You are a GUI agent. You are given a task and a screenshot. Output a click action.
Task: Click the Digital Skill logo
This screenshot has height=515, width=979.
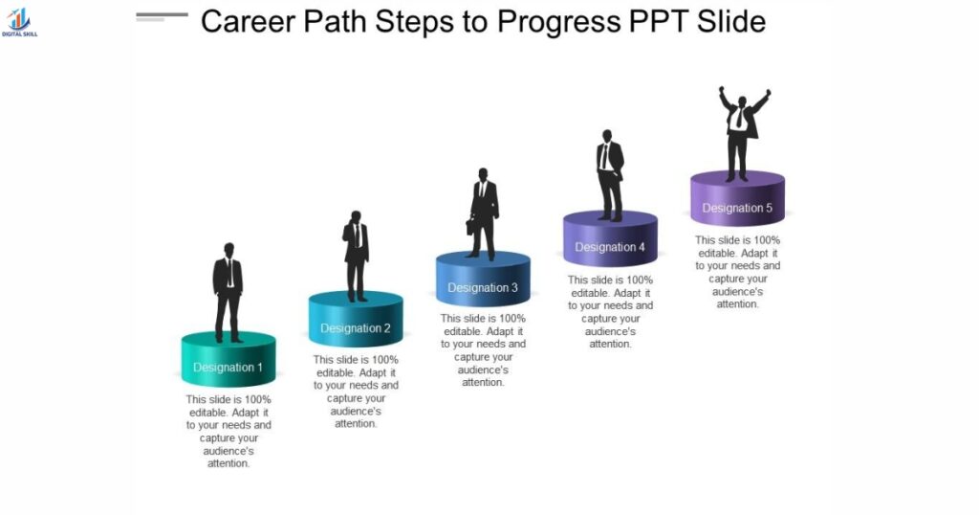point(19,22)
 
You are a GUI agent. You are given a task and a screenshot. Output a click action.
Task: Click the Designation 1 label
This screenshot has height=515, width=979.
point(228,368)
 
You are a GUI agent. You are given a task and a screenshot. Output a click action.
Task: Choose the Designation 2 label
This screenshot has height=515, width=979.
point(356,328)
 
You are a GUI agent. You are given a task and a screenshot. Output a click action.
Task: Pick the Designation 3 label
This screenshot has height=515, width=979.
point(483,288)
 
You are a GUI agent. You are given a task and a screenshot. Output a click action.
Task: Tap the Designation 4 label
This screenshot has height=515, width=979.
point(610,248)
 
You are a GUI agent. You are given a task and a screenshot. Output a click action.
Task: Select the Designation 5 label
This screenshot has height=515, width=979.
point(737,209)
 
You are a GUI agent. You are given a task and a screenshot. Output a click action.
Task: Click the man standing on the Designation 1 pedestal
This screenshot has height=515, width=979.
point(228,292)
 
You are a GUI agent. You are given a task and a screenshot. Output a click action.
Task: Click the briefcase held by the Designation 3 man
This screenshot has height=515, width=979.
point(471,227)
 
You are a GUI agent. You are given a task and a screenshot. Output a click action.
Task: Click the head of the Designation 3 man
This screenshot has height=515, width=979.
point(483,174)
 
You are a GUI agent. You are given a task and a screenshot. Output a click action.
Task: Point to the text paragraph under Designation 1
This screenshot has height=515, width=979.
point(228,431)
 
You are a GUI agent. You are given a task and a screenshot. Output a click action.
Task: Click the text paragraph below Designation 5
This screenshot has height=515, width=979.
point(737,272)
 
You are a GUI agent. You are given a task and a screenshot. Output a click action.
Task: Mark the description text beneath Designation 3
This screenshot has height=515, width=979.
point(483,350)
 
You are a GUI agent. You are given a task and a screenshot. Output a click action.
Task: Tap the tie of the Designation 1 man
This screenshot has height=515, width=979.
point(228,272)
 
